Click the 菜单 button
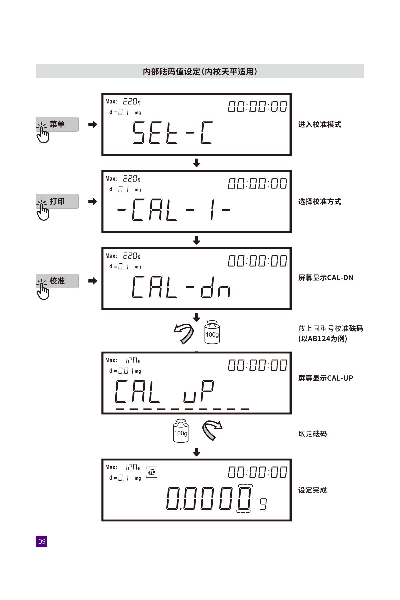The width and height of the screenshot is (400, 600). tap(57, 124)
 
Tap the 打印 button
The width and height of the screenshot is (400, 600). tap(57, 201)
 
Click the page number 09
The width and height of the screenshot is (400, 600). tap(41, 541)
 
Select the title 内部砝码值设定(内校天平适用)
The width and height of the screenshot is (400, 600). tap(200, 72)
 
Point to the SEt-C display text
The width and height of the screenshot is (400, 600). tap(172, 132)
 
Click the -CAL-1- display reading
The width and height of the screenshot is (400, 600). tap(174, 210)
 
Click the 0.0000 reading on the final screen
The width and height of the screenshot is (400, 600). tap(209, 498)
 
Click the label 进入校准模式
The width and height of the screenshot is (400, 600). tap(320, 125)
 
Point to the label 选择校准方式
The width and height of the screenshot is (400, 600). tap(320, 202)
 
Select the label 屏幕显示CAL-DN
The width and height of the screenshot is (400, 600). tap(326, 278)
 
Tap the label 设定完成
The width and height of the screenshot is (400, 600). tap(312, 490)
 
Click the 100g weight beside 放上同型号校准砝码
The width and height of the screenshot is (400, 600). tap(212, 332)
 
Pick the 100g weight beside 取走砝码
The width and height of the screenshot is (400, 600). tap(181, 430)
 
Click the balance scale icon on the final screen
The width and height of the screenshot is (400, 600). tap(152, 472)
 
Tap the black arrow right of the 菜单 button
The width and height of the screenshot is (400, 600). tap(93, 124)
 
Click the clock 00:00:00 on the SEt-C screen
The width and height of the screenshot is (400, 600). tap(257, 107)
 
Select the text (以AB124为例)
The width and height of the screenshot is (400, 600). tap(323, 339)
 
